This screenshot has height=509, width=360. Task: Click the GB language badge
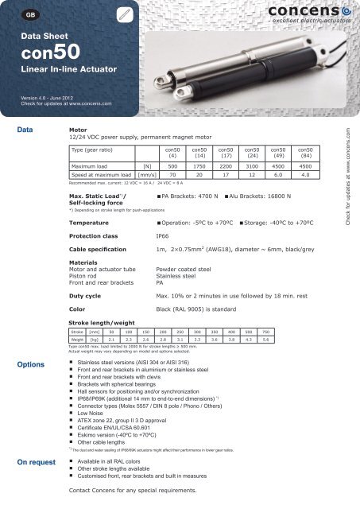point(29,15)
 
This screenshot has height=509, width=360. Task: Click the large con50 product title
point(50,61)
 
